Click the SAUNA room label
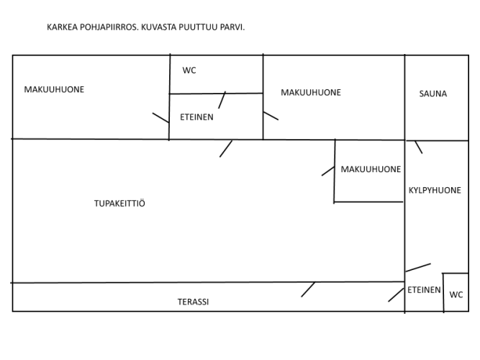click(433, 94)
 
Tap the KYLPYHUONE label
click(435, 190)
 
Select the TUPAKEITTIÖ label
click(119, 203)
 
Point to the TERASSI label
click(193, 302)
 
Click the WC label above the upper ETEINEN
click(189, 70)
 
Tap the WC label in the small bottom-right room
click(456, 294)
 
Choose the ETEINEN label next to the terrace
click(424, 290)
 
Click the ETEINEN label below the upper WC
click(196, 117)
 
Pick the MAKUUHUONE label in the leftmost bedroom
click(54, 89)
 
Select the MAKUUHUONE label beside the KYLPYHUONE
click(371, 169)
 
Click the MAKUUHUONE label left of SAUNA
click(311, 93)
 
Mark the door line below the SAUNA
click(418, 147)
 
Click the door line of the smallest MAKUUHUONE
click(328, 171)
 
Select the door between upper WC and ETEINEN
click(222, 100)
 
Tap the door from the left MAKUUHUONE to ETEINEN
click(160, 118)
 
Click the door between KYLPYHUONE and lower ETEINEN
click(418, 267)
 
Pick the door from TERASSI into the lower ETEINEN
click(396, 294)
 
